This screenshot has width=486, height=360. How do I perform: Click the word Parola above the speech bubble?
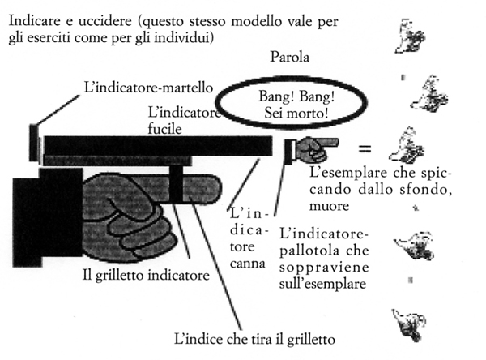pos(289,57)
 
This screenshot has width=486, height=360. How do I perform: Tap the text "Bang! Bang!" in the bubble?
pos(296,96)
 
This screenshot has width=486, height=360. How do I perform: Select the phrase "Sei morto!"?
pos(296,113)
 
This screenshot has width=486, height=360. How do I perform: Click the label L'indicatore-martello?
pos(148,88)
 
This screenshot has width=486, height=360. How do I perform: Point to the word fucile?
pos(164,129)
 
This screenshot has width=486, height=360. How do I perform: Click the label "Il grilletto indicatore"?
pos(146,276)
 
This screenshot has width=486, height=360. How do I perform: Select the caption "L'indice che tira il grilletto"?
pos(254,339)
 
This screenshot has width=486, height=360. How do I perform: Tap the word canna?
pos(248,264)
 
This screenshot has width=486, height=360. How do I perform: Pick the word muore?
pos(329,206)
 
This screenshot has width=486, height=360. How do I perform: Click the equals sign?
pos(364,148)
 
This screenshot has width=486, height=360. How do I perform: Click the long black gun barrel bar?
pos(158,146)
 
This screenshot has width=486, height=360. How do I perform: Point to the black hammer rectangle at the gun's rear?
pos(33,143)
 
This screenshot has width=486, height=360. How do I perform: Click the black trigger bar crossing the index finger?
pos(177,184)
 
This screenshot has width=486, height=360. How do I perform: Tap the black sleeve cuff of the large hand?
pos(47,217)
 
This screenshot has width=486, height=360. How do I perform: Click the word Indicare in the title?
pos(34,21)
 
